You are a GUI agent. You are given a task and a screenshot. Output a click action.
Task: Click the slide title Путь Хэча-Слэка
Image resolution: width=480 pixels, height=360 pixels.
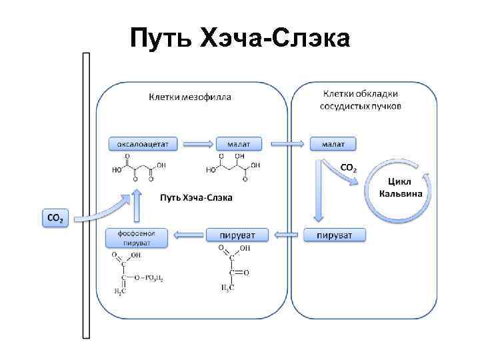pos(239,38)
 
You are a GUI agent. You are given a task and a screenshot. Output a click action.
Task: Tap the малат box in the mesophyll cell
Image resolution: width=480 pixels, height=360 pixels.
pos(239,143)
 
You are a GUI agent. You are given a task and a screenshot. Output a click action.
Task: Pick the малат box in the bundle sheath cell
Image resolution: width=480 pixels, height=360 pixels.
pos(333,143)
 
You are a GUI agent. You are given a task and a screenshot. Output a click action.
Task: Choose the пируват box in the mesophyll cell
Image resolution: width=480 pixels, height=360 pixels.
pos(237,235)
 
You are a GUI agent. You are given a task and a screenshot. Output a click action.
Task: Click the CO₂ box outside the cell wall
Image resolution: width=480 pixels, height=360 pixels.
pos(55,218)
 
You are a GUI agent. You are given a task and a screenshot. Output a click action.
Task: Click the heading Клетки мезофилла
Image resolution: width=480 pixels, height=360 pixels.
pos(190,97)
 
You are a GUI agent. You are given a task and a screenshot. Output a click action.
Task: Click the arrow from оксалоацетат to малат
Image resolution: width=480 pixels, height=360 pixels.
pos(197,143)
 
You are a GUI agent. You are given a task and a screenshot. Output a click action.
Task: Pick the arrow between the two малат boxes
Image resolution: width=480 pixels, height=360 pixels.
pos(285,143)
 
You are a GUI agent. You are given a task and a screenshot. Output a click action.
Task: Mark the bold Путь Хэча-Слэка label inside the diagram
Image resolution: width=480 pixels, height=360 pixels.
pos(196,198)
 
